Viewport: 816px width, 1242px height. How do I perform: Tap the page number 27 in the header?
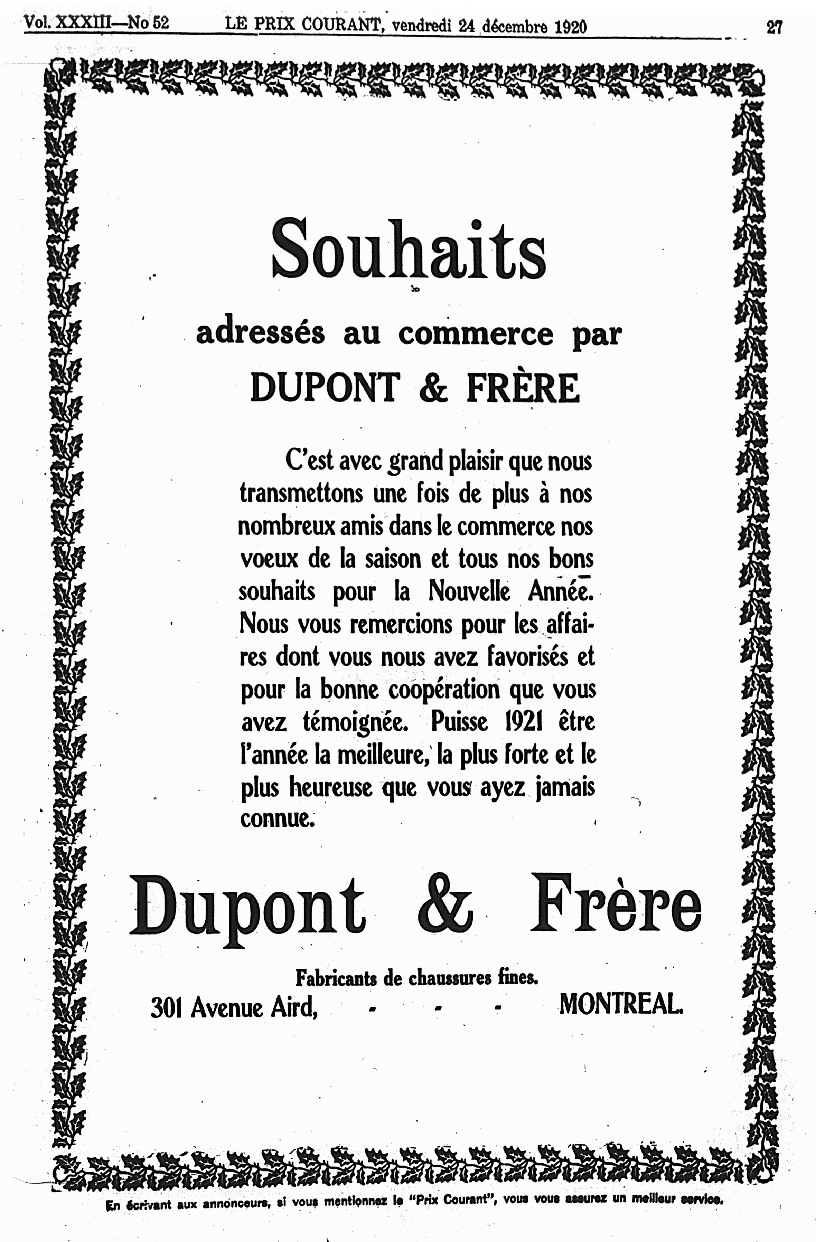click(774, 27)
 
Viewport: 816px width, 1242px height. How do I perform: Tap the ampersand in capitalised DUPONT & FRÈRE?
click(433, 388)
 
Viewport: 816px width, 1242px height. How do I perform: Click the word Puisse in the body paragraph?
click(459, 722)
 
